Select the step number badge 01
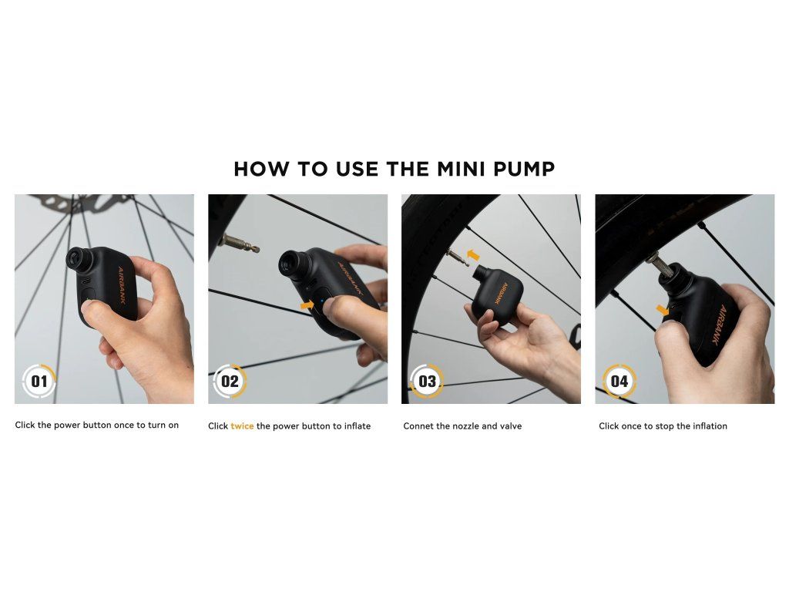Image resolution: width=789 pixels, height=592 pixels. tap(39, 381)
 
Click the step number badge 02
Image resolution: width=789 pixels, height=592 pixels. tap(230, 381)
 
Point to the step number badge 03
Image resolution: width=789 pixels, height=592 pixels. tap(427, 381)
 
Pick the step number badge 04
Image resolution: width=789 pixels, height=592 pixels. tap(619, 381)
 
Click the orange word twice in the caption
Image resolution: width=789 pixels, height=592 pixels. tap(242, 425)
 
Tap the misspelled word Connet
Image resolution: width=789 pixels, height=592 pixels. tap(418, 425)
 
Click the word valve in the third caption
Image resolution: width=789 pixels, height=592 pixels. tap(510, 425)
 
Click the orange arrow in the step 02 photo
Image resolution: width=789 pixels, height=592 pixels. tap(307, 305)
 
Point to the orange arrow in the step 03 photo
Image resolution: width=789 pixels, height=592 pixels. tap(474, 254)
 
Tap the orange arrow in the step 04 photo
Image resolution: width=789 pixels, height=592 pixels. tap(663, 310)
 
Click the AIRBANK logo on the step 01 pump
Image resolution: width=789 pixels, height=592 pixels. tap(122, 285)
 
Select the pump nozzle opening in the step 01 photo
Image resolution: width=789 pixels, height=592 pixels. tap(76, 259)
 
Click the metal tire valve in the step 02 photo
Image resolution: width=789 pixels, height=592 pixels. tap(239, 244)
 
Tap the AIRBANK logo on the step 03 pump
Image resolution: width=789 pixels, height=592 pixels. tap(502, 293)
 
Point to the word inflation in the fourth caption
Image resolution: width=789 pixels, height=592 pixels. tap(710, 425)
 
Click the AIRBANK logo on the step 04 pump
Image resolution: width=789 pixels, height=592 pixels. tap(719, 325)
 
